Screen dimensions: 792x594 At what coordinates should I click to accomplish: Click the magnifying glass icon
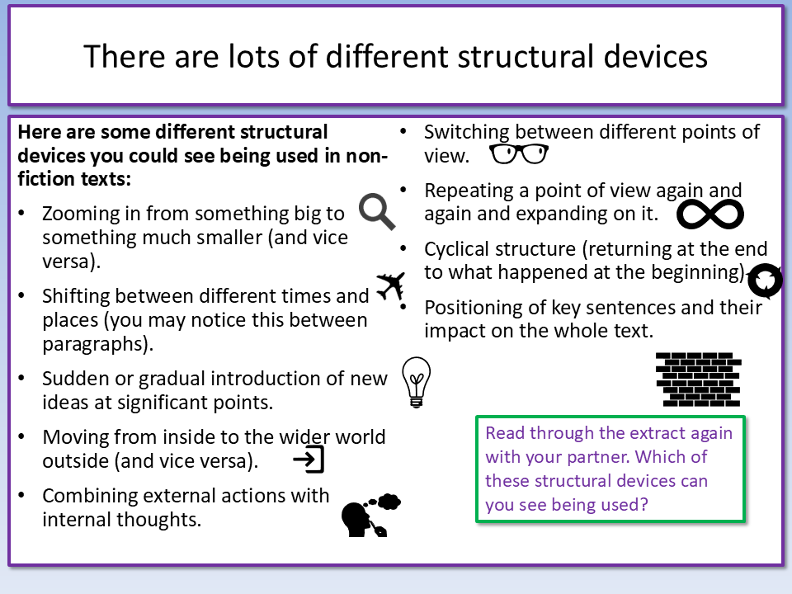click(376, 211)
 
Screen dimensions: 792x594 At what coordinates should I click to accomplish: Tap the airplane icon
click(391, 286)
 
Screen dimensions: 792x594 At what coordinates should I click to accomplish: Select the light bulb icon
click(416, 382)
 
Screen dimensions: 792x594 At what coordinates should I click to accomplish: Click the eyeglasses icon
click(519, 154)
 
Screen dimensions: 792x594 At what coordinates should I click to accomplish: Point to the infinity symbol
click(709, 214)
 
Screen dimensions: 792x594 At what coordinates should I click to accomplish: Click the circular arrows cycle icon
click(765, 280)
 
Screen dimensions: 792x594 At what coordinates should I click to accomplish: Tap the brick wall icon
click(699, 379)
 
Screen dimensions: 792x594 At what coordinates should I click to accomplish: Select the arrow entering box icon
click(309, 460)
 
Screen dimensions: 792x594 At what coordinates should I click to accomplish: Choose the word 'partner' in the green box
click(599, 457)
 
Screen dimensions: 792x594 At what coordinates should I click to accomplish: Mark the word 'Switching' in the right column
click(466, 132)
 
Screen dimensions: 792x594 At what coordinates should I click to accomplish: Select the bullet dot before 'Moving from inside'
click(21, 436)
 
